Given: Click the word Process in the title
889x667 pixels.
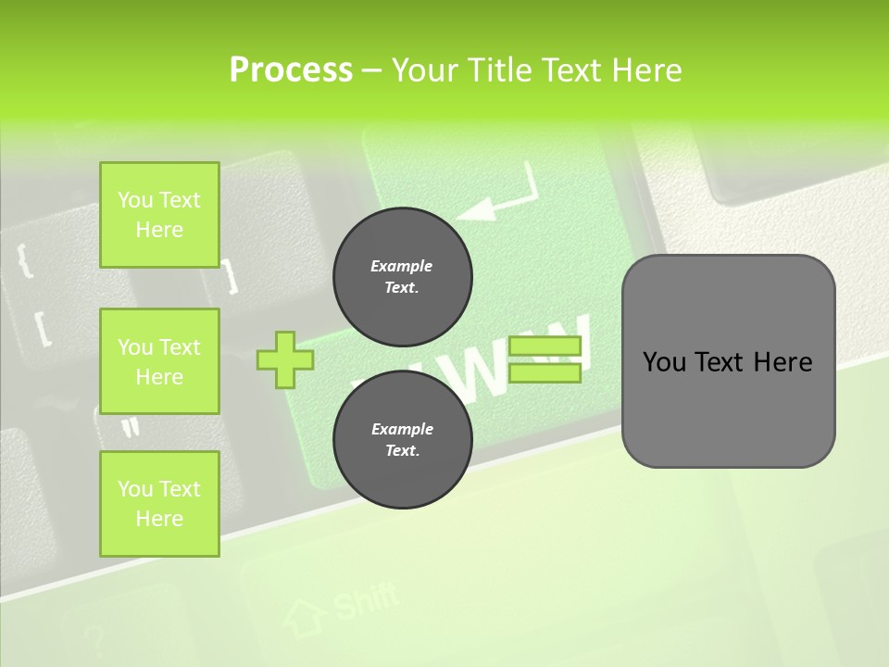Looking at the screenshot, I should click(291, 69).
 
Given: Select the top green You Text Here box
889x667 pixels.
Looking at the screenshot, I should click(159, 215).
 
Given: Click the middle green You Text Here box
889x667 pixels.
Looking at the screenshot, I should click(159, 361).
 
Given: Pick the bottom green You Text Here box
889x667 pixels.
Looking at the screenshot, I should click(159, 504).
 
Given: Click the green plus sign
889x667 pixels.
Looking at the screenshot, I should click(284, 359).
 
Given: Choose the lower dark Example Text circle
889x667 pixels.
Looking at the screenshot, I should click(402, 440).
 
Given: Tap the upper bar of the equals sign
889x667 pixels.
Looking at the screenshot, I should click(545, 346).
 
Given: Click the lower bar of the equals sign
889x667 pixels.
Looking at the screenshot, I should click(545, 372).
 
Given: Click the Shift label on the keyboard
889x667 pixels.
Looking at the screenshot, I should click(365, 601).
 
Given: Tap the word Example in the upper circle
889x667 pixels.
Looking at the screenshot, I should click(401, 266).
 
